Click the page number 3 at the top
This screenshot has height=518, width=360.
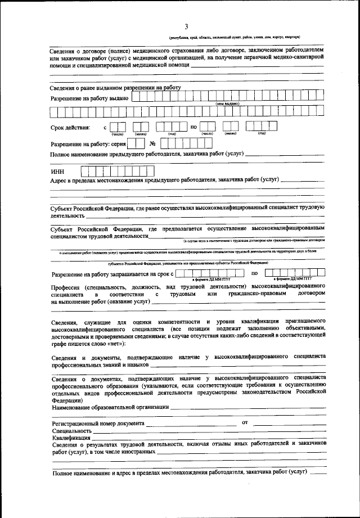coord(186,26)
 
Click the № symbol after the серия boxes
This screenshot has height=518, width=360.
coord(152,143)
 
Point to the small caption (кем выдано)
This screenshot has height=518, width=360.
coord(228,104)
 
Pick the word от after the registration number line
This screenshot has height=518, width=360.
coord(245,421)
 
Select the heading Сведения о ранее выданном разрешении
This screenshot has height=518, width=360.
coord(115,88)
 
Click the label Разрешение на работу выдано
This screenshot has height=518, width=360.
coord(89,98)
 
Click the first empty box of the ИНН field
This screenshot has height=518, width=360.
coord(85,170)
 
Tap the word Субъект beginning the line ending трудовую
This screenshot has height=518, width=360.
coord(64,208)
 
